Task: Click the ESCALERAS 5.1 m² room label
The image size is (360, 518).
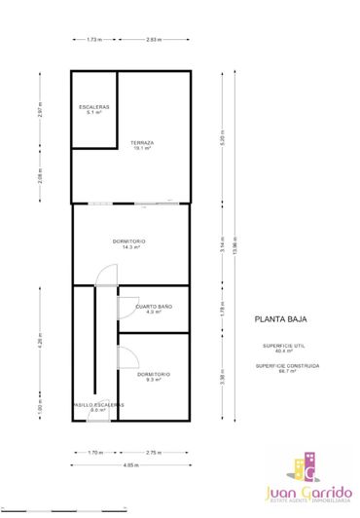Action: tap(94, 109)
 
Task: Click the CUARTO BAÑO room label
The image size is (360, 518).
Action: tap(151, 309)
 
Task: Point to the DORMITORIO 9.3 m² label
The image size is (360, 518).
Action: tap(154, 376)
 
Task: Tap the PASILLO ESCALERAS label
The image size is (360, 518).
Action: tap(98, 407)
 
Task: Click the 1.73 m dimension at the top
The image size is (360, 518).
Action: tap(94, 40)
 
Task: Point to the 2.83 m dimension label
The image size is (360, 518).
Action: tap(154, 40)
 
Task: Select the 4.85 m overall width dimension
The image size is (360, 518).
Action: tap(130, 464)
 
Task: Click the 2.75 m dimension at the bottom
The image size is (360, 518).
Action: tap(153, 452)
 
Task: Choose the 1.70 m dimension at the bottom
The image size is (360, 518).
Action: tap(94, 452)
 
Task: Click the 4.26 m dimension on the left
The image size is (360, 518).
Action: tap(40, 341)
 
